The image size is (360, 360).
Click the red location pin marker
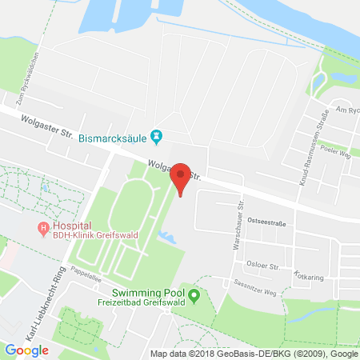click(182, 177)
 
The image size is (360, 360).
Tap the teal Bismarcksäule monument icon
click(158, 138)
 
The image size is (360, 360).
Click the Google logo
click(26, 350)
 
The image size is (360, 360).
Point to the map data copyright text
click(254, 353)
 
